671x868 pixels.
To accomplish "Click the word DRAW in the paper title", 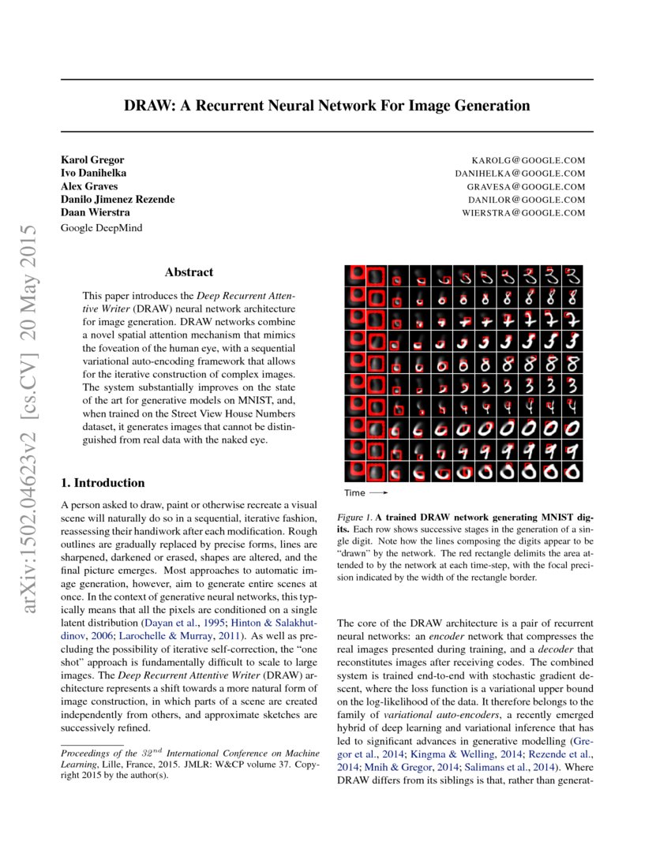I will tap(145, 106).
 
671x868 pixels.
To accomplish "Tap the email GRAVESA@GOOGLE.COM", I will tap(526, 187).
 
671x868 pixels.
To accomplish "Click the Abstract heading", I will tap(189, 272).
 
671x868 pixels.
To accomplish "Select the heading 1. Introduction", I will tap(103, 483).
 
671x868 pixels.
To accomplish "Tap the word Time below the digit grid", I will tap(354, 493).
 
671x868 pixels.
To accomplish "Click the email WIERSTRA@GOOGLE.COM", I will tap(524, 213).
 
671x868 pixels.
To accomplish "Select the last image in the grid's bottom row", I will tap(574, 471).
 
